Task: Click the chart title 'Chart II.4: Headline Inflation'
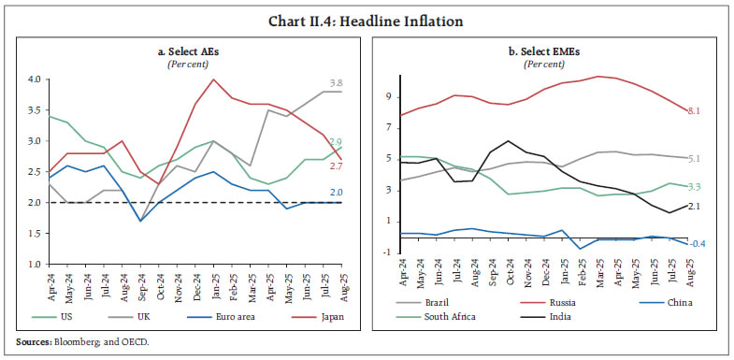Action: coord(367,21)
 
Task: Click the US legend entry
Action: coord(66,317)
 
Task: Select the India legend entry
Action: coord(561,317)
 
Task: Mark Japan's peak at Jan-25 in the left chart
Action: coord(214,79)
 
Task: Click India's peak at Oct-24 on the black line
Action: coord(507,141)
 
